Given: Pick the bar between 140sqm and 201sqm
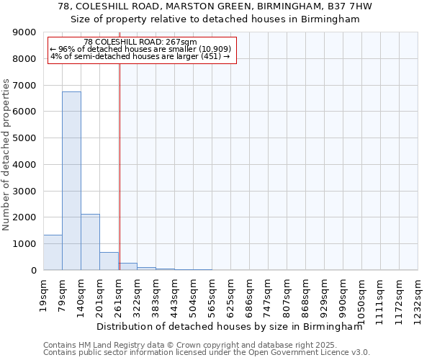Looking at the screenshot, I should [x=90, y=242].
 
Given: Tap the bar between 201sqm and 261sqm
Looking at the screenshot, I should [x=109, y=261].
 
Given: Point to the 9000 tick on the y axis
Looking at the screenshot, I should [x=25, y=32].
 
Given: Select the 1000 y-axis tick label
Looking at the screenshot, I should [x=25, y=244].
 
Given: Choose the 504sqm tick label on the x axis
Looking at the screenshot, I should [x=193, y=294].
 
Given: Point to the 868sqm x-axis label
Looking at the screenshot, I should [x=305, y=294].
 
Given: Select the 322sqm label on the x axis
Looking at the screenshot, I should [x=137, y=294].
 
